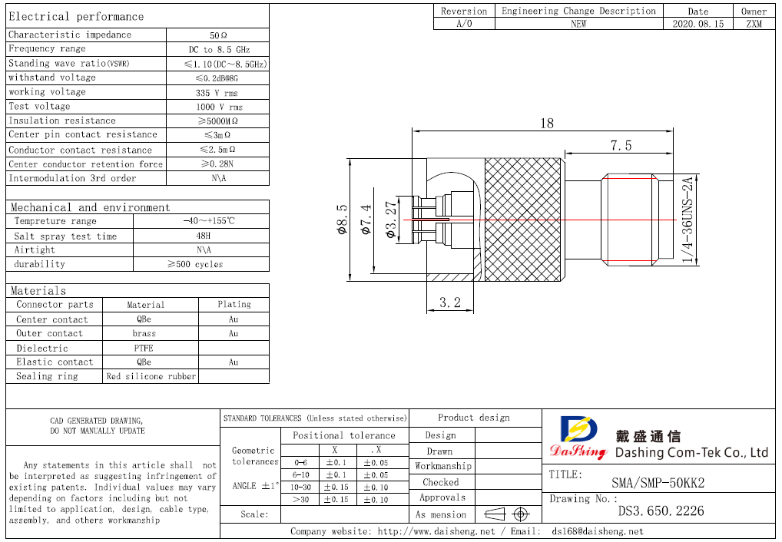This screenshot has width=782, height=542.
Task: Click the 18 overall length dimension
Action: pos(547,123)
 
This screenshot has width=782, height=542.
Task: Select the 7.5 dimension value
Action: pos(621,145)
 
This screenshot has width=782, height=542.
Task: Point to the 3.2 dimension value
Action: pos(449,302)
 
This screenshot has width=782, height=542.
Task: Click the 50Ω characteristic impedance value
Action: pos(218,35)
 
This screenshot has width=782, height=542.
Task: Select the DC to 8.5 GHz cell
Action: pos(218,49)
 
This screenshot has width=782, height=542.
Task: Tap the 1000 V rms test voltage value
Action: pos(218,107)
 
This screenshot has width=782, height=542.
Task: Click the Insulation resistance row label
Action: pos(62,121)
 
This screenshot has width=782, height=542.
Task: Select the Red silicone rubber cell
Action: pos(151,376)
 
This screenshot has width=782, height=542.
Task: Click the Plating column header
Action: pos(234,305)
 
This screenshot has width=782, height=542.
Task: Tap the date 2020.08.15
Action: pos(698,24)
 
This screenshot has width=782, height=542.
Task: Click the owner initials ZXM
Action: pos(754,24)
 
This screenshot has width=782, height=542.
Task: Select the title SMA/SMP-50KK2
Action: pos(658,483)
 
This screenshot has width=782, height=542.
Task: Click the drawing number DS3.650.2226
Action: pos(661,511)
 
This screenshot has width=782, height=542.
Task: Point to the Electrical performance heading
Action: pos(76,16)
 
